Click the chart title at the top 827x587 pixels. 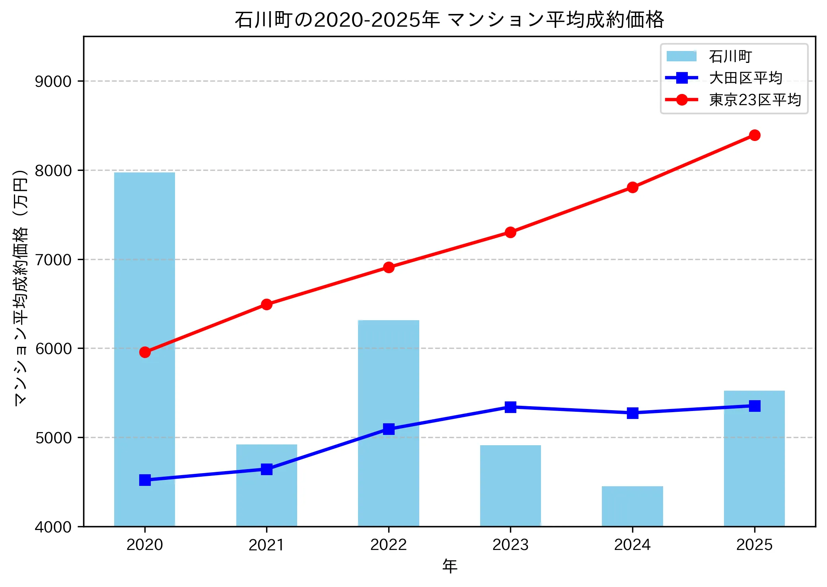(449, 20)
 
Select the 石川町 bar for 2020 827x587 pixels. (144, 398)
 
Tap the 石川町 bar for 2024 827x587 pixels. (632, 507)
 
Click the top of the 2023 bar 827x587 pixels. (510, 446)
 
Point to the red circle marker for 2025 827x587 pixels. (754, 135)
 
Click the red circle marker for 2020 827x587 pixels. (145, 352)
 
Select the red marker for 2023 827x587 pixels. (510, 232)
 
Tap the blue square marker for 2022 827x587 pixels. (389, 429)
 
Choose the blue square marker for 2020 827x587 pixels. (145, 480)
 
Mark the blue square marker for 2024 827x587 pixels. (632, 413)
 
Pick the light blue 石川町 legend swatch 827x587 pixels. (681, 56)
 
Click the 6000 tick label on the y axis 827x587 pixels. (53, 349)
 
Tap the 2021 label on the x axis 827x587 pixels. (266, 545)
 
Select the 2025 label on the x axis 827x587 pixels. (754, 545)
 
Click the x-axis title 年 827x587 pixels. (449, 566)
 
